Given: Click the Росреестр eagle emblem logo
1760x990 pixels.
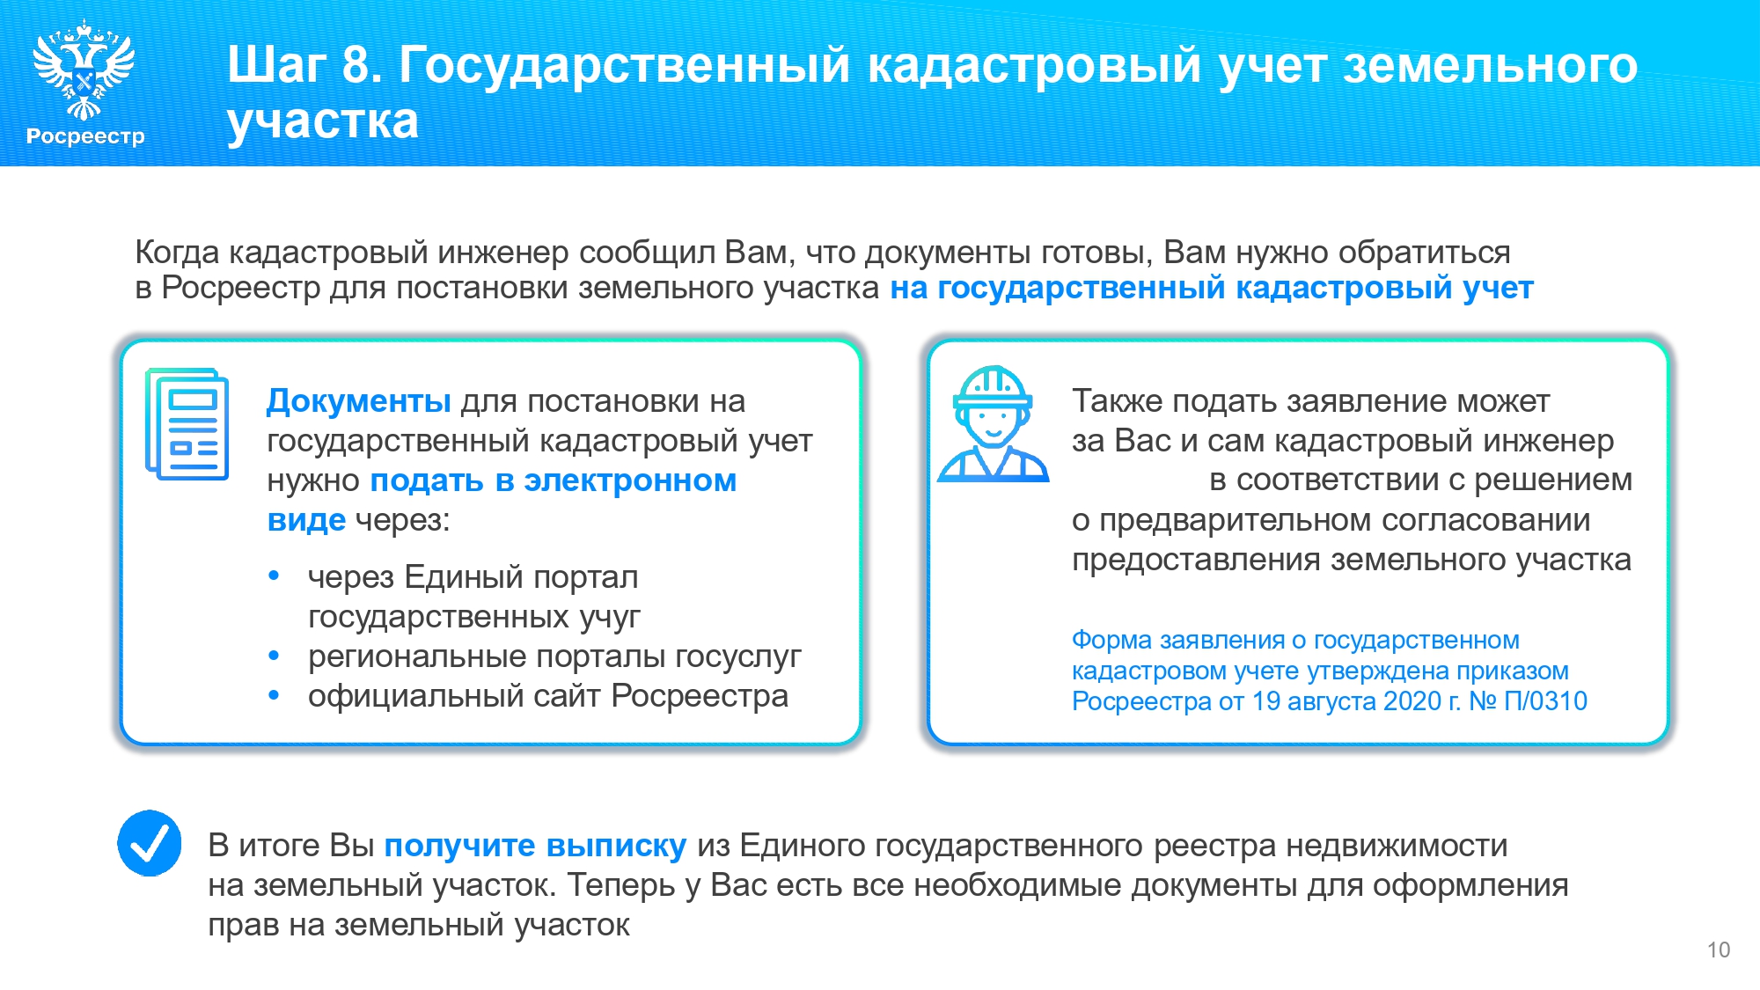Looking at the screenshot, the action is point(84,70).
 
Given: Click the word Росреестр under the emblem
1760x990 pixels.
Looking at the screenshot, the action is point(85,136).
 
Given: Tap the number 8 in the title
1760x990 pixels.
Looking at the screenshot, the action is point(356,64).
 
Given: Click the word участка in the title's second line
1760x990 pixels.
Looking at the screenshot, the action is point(322,121).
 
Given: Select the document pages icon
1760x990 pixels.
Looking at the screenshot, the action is point(187,424).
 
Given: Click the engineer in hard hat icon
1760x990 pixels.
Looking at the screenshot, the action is point(994,424).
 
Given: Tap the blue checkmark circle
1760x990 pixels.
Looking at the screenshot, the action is point(150,843).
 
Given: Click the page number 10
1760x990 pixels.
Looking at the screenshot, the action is point(1719,950).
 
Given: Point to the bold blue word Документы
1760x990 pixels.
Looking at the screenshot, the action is point(359,400).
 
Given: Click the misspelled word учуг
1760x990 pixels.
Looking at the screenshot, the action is point(610,617).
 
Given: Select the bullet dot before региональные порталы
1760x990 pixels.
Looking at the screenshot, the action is point(274,656).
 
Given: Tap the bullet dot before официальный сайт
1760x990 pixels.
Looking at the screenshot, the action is point(274,695).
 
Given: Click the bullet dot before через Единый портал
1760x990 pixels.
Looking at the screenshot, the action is point(274,576).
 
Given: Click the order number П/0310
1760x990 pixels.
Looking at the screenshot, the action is point(1546,701).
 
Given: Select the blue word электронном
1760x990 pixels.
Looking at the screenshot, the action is point(630,480).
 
